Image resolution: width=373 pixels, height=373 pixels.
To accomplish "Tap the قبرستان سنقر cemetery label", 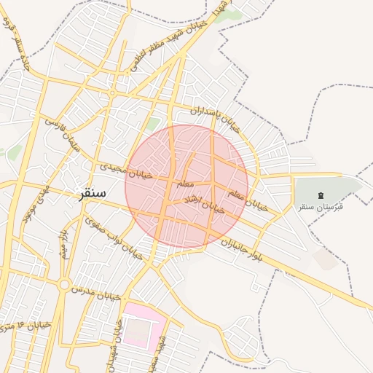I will (x=321, y=206).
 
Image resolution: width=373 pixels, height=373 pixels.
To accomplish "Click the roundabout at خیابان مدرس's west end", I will (x=64, y=284).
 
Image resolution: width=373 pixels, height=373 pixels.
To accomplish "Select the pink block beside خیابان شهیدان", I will (x=142, y=327).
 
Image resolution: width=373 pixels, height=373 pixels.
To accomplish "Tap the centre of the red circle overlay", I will (x=186, y=186).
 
